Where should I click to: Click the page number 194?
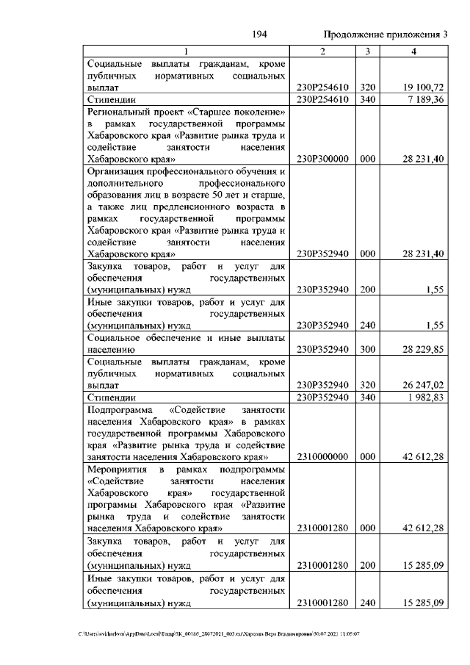pos(258,35)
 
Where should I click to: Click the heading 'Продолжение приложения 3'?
pos(386,35)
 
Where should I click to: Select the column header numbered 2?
pos(322,52)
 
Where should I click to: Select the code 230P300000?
pos(322,158)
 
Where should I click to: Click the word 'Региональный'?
pos(120,112)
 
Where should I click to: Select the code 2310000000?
pos(322,456)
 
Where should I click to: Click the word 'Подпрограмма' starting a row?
pos(120,409)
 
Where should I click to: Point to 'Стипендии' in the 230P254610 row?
pos(109,100)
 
